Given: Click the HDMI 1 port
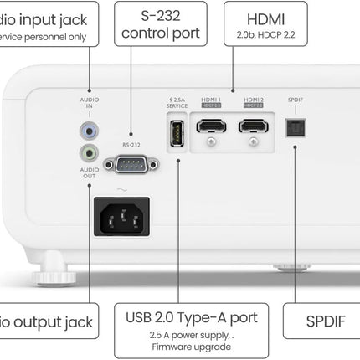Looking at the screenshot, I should point(210,126).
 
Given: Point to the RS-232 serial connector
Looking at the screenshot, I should point(131,166).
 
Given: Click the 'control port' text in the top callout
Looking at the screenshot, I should point(161,33).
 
